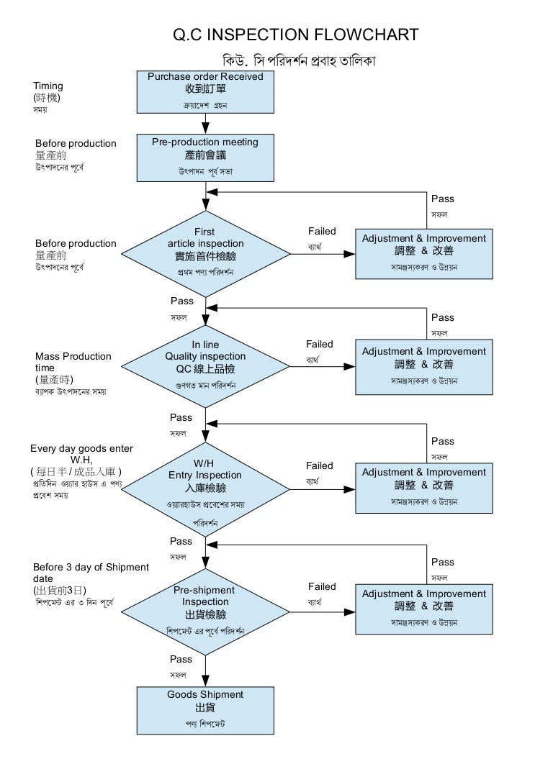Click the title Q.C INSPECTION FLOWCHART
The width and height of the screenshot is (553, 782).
296,35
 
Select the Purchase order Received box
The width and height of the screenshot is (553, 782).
205,91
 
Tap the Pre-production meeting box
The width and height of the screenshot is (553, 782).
205,158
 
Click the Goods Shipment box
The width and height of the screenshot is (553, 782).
205,709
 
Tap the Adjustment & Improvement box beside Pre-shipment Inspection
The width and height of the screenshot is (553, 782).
424,609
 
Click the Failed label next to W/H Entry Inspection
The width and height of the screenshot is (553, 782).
320,466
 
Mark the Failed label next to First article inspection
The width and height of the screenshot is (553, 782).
322,232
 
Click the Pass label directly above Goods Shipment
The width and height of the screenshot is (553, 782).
181,660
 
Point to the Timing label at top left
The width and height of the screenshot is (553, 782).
48,86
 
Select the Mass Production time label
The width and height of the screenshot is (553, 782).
73,362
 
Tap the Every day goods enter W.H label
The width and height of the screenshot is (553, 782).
81,454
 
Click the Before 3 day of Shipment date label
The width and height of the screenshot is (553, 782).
90,573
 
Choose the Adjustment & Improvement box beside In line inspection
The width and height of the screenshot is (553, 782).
424,366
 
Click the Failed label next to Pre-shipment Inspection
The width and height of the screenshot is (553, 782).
322,587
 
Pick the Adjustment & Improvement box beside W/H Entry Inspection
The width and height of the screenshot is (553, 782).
424,487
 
